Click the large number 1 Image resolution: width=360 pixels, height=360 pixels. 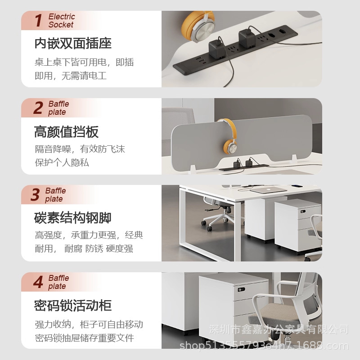39,20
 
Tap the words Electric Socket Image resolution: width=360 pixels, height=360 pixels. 62,21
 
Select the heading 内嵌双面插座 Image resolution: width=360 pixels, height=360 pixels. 73,43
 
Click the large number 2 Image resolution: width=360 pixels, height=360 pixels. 38,108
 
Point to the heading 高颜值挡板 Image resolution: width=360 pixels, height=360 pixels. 66,132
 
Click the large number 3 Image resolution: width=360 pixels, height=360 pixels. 36,194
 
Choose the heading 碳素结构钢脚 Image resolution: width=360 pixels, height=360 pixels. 73,218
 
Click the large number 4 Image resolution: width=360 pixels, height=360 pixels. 38,282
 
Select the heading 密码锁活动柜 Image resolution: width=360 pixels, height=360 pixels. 73,306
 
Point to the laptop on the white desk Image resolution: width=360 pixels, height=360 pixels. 268,190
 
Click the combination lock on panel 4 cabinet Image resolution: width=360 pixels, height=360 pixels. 241,289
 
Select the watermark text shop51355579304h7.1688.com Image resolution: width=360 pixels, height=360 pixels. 264,346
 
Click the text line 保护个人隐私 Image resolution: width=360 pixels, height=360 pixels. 62,163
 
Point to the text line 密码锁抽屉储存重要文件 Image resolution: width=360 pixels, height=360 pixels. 85,338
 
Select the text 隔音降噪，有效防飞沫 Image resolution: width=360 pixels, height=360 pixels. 80,149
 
